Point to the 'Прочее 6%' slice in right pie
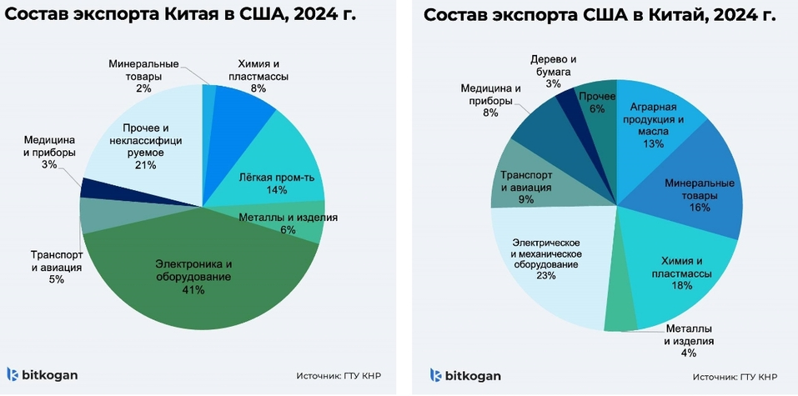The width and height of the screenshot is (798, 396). point(597,104)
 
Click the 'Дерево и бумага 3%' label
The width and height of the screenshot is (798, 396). point(553,70)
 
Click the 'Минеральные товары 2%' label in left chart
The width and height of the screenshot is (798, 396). point(143,75)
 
